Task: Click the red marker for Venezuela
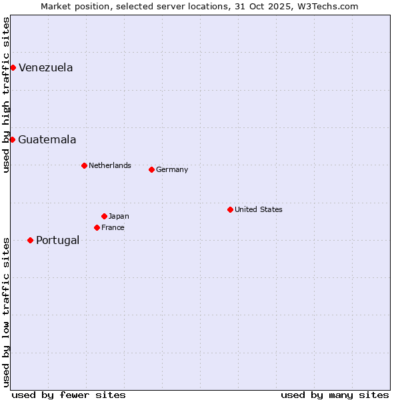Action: point(13,67)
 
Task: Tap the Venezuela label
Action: point(45,67)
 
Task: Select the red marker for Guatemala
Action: point(12,139)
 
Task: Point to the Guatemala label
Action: point(47,139)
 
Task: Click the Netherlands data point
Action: point(84,165)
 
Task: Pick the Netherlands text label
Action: point(109,165)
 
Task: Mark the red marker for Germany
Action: point(151,169)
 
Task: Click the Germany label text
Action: point(172,169)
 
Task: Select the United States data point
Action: point(230,209)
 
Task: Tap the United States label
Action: point(258,209)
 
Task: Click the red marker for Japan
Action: point(104,216)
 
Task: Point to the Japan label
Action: point(119,216)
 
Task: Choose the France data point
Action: point(97,227)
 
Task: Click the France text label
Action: point(113,227)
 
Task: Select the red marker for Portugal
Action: point(30,240)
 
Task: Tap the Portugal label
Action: point(57,240)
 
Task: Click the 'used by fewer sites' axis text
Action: point(69,395)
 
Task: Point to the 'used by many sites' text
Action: point(335,395)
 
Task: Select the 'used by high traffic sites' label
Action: point(6,95)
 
